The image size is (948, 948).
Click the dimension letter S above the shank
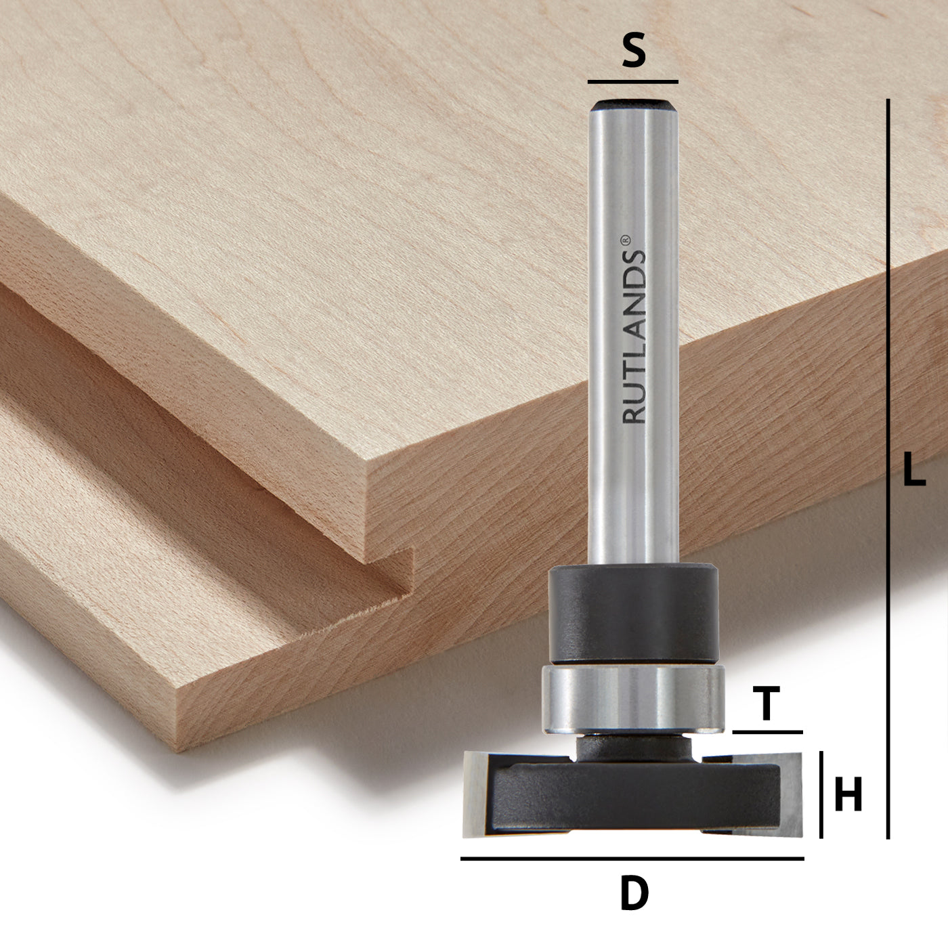click(632, 53)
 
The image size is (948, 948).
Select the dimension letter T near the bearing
click(767, 704)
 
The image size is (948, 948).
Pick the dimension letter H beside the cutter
click(848, 795)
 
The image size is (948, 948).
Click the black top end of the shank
click(632, 105)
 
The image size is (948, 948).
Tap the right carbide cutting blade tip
click(788, 792)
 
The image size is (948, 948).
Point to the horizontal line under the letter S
click(632, 82)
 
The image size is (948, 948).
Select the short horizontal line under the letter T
click(767, 732)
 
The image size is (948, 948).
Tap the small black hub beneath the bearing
click(632, 748)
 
